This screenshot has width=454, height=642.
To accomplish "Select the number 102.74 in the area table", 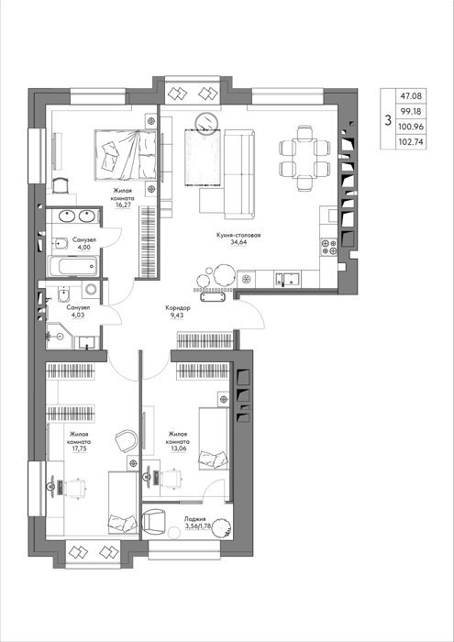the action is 412,142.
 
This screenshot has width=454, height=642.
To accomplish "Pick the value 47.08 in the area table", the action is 412,96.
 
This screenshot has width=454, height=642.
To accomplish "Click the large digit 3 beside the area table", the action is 388,120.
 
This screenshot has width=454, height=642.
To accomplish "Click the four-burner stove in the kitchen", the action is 329,248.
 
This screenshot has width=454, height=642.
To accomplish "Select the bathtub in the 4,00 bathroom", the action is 73,266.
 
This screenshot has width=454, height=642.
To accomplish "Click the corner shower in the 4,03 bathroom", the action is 59,336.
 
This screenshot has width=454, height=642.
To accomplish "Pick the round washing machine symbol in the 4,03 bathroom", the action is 91,289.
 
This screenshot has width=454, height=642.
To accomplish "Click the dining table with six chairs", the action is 305,159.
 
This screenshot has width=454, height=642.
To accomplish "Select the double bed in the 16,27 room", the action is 126,155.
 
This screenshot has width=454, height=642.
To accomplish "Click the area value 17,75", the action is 77,448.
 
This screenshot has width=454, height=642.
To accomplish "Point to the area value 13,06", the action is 178,448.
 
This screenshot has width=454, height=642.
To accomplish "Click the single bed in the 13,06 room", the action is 214,438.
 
